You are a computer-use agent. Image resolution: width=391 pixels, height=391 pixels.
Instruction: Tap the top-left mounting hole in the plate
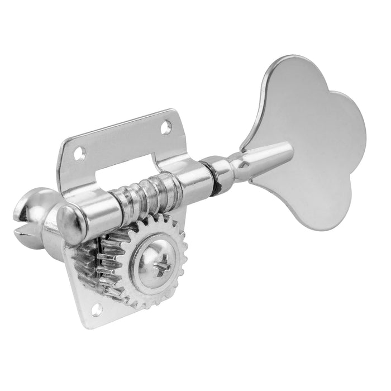click(x=82, y=151)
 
